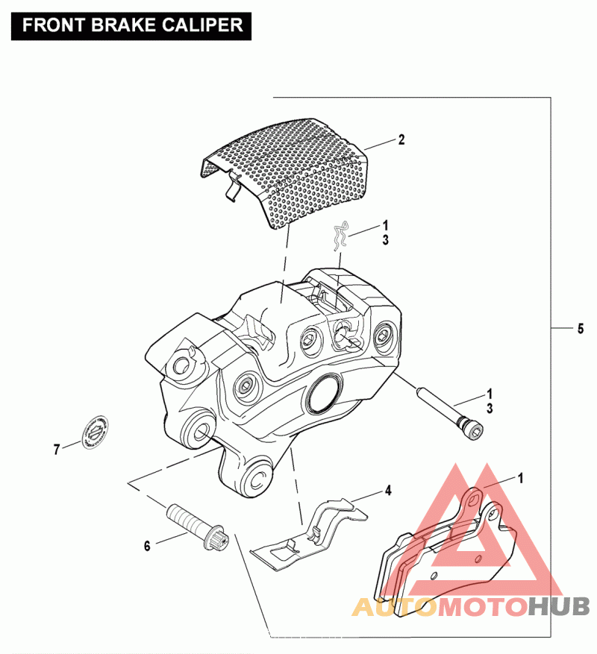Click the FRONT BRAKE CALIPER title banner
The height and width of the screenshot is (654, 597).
(x=133, y=25)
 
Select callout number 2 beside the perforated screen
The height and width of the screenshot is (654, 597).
(x=401, y=139)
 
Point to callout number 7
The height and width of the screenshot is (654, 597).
(x=56, y=449)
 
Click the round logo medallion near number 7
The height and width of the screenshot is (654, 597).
(x=96, y=432)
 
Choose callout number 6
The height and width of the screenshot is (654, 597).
(x=147, y=546)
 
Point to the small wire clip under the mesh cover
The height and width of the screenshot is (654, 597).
(x=342, y=237)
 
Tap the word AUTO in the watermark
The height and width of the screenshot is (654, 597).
(x=393, y=607)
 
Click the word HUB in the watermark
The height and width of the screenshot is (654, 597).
(x=559, y=607)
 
